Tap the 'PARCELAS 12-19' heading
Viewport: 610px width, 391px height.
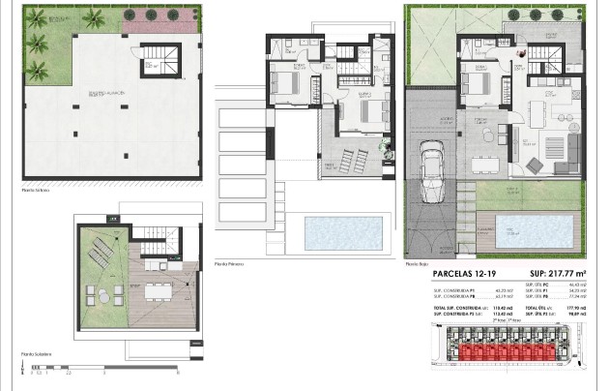coord(459,274)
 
